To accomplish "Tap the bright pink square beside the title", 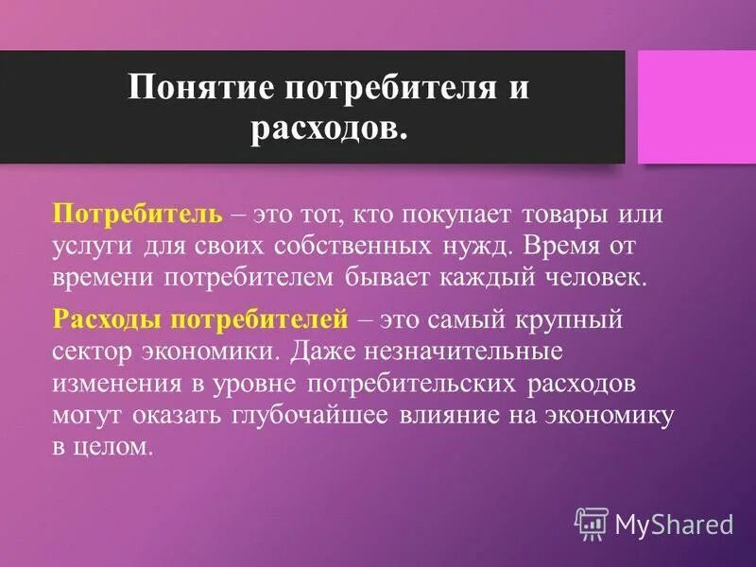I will (x=696, y=107).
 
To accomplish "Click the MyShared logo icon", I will (x=592, y=521).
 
